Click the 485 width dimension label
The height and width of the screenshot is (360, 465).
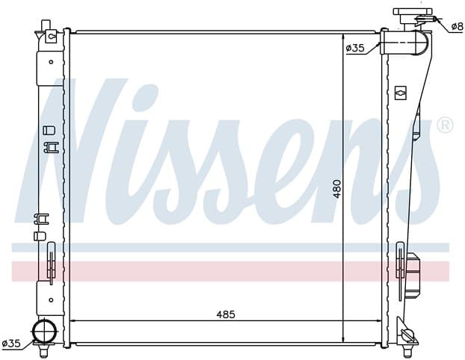225,314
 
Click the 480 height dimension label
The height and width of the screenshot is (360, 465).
337,188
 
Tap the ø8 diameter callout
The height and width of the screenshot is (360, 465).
457,27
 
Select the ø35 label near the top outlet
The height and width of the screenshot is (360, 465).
355,48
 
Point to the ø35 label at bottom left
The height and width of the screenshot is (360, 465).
11,344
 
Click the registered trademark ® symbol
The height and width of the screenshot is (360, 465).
445,125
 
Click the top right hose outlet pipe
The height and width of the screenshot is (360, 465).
404,42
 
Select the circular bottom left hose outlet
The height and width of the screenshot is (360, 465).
45,331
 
